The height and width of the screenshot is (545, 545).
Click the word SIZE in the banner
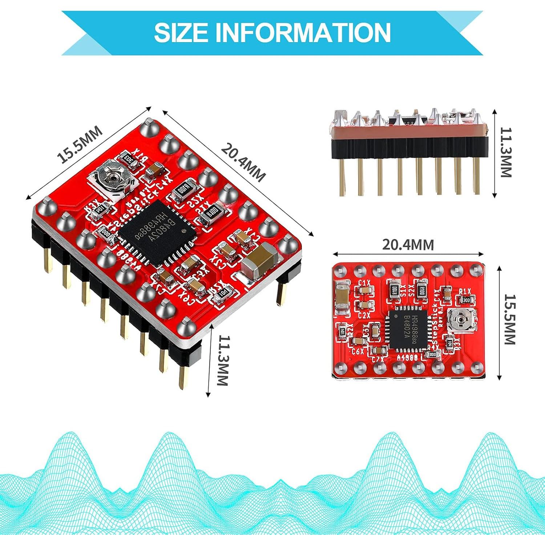(x=185, y=33)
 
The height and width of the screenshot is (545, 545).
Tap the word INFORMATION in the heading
(x=303, y=33)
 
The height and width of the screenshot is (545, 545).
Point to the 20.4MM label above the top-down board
(x=408, y=245)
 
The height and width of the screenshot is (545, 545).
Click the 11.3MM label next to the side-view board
(x=505, y=153)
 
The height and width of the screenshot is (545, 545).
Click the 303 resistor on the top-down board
(x=466, y=300)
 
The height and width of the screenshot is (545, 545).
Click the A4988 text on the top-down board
(x=407, y=358)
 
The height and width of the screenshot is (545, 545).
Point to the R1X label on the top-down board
(x=465, y=291)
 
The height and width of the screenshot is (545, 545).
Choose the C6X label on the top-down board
(x=358, y=351)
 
